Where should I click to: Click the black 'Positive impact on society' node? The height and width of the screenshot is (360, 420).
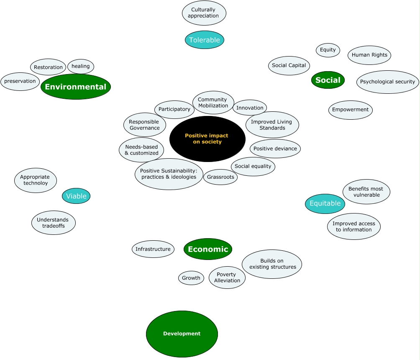click(207, 139)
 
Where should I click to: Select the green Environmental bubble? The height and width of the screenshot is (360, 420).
click(76, 87)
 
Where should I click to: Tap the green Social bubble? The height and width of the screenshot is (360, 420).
click(328, 80)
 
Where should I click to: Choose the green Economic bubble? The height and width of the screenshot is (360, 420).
click(208, 249)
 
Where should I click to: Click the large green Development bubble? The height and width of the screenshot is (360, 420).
click(182, 334)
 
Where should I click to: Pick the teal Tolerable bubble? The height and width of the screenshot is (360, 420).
click(205, 40)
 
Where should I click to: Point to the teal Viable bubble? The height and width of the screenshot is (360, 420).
click(76, 196)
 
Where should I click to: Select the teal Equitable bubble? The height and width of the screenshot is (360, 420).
click(325, 203)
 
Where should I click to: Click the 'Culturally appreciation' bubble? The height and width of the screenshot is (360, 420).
click(204, 13)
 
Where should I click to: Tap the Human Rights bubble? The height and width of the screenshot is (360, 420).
click(369, 55)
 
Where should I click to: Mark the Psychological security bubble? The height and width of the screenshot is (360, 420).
click(388, 82)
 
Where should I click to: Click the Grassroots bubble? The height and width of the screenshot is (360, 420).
click(220, 177)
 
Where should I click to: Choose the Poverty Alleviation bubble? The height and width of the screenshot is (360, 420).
click(227, 278)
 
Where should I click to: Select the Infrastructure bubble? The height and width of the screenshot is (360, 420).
click(153, 249)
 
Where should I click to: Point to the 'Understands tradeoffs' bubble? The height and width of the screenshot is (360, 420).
click(54, 223)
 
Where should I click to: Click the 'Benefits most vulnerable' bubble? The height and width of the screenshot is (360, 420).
click(366, 192)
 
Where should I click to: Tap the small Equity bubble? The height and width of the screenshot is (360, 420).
click(328, 50)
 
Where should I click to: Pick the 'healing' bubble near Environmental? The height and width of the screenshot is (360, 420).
click(81, 66)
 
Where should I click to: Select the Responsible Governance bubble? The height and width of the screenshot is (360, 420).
click(144, 125)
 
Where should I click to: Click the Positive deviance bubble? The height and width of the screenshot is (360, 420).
click(275, 149)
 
